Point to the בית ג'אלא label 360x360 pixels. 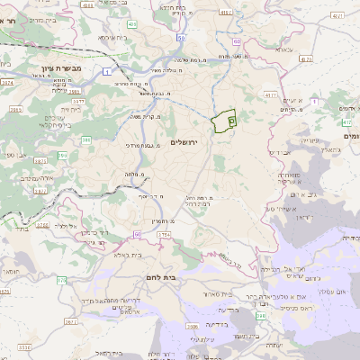click(x=130, y=255)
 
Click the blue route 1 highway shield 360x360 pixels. click(x=107, y=71)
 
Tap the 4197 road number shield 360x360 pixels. click(x=337, y=15)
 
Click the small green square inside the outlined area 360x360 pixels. click(x=230, y=119)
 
